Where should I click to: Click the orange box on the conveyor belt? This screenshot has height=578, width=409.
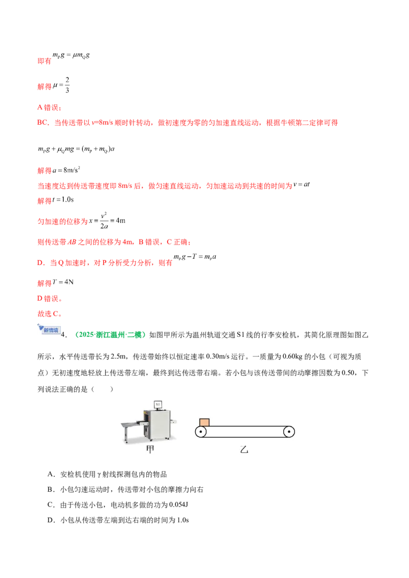204,422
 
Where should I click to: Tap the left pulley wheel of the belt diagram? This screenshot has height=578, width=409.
201,431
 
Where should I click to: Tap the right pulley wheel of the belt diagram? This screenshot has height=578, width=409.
289,431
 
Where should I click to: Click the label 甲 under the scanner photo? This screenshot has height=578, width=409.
150,449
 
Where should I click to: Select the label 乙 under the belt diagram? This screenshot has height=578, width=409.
244,449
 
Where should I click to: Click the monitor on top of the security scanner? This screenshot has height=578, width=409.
158,404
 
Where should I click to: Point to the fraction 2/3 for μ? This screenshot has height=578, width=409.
67,85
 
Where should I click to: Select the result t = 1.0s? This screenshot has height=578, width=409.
63,200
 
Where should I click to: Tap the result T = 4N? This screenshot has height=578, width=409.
63,282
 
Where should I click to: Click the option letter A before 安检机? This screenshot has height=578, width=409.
51,474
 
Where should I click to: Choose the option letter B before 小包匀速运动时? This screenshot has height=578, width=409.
51,490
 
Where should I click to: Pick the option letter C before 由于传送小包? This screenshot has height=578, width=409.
51,504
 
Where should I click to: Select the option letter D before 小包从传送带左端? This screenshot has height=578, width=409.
51,520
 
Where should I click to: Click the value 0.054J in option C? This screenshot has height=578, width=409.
178,504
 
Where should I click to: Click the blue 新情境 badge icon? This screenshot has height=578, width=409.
50,329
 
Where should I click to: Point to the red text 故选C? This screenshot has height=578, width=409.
50,314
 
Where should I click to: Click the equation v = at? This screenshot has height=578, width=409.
302,184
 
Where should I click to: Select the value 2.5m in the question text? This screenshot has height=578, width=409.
119,356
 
